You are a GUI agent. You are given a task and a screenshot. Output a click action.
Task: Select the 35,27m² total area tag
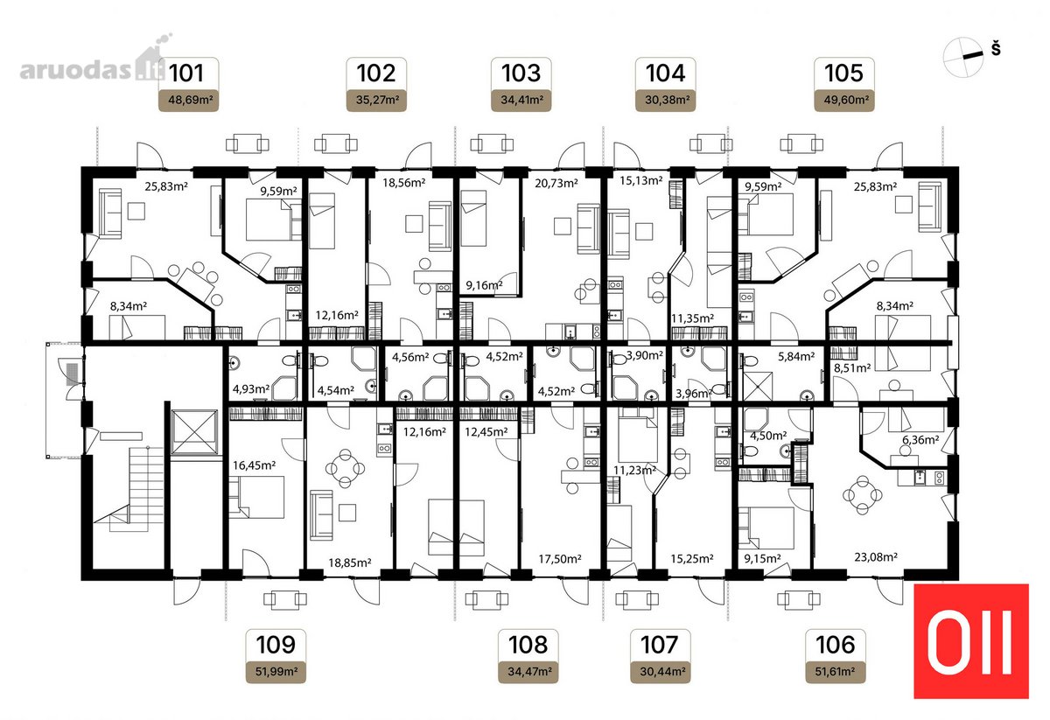tap(376, 100)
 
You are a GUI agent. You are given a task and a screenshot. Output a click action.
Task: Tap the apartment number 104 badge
tap(665, 73)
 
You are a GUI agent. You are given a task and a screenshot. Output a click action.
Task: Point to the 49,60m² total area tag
tap(844, 100)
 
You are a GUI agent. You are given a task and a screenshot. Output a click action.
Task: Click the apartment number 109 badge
tap(276, 645)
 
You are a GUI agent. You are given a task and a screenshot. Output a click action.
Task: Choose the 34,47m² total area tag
tap(528, 671)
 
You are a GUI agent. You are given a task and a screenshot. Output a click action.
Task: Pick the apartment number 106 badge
tap(836, 645)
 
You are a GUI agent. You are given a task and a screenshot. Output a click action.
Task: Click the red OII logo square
tap(970, 640)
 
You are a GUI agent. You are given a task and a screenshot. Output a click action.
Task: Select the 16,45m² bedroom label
tap(255, 465)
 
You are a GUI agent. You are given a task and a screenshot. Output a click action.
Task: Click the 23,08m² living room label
tap(876, 557)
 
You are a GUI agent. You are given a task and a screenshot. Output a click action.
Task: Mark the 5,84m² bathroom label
tap(796, 356)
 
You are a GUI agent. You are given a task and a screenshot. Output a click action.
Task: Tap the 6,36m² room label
tap(920, 440)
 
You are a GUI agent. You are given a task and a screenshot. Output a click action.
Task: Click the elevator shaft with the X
tap(194, 432)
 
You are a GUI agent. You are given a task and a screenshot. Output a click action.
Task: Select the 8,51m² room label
tap(852, 368)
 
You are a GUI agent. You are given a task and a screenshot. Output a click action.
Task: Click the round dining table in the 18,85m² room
tap(346, 468)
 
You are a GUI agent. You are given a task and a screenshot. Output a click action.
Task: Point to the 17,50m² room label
tap(560, 559)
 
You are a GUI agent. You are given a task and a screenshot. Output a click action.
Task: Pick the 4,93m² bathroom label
tap(251, 389)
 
